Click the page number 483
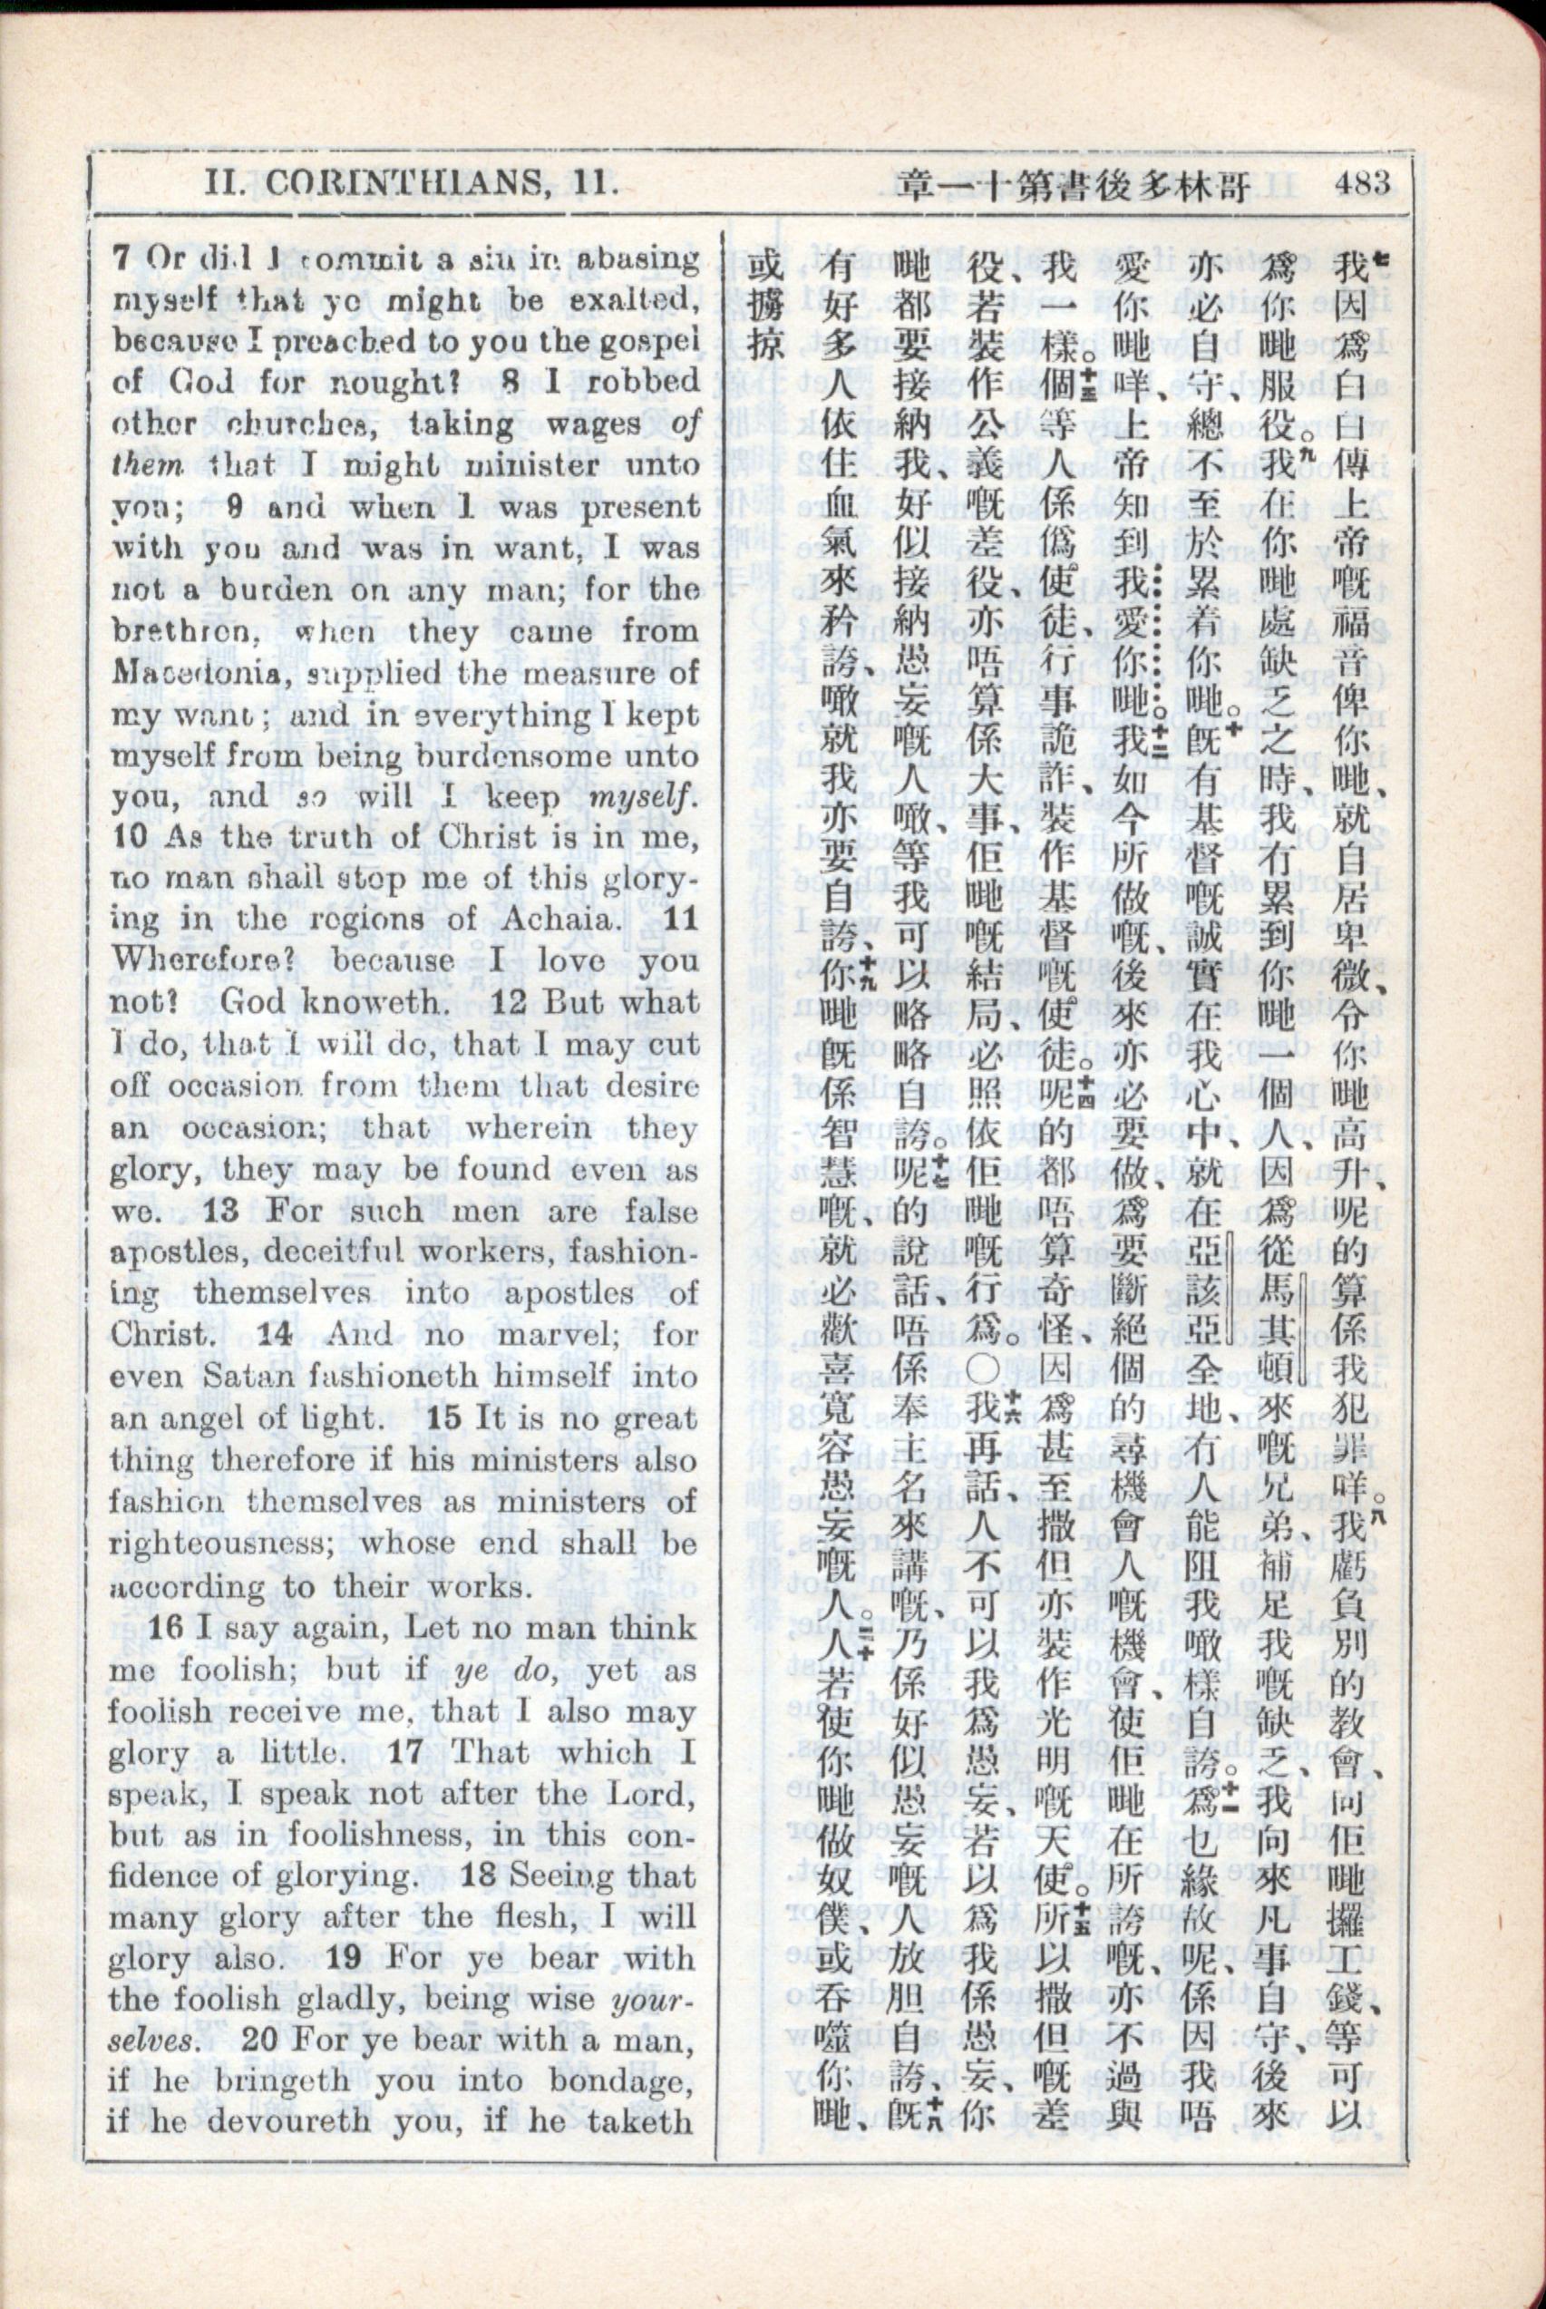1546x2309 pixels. tap(1365, 183)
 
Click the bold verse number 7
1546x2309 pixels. tap(122, 258)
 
